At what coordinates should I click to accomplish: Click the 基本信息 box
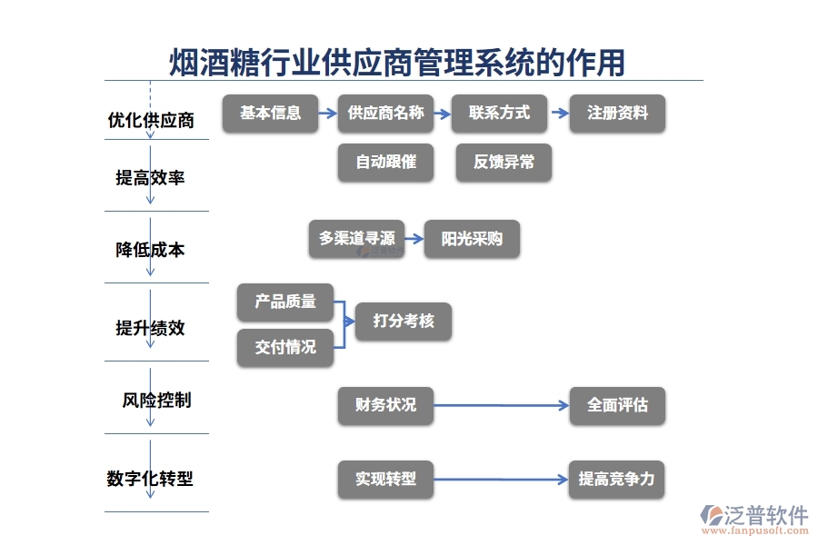[270, 114]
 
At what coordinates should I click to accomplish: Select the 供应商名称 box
[385, 114]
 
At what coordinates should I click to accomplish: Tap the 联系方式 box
[499, 114]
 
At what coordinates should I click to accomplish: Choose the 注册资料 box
[617, 114]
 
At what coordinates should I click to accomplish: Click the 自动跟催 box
[385, 163]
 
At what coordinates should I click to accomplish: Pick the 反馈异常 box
[504, 163]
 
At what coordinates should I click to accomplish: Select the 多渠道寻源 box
[356, 239]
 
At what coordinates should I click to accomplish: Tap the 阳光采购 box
[472, 239]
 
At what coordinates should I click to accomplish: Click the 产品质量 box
[285, 302]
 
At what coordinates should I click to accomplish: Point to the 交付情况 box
[285, 347]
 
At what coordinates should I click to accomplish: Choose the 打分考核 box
[403, 321]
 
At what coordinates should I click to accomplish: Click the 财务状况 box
[385, 405]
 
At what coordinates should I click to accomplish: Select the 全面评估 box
[617, 405]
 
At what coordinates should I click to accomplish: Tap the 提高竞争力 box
[616, 479]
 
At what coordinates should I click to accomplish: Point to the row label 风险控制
[156, 400]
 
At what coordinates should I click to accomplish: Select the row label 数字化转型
[150, 479]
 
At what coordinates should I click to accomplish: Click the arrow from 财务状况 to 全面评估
[501, 406]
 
